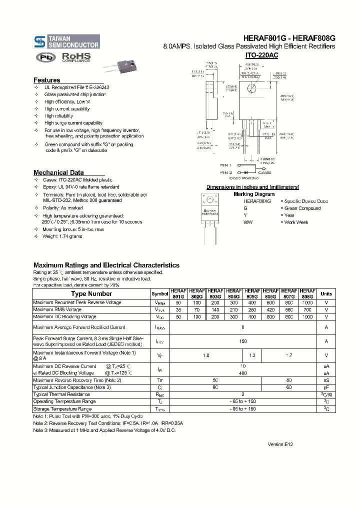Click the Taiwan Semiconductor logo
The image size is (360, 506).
pyautogui.click(x=66, y=41)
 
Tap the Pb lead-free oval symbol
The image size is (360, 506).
pyautogui.click(x=46, y=57)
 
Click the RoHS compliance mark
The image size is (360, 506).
pyautogui.click(x=76, y=57)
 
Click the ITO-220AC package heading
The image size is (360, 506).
pyautogui.click(x=262, y=55)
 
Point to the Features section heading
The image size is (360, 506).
pyautogui.click(x=47, y=80)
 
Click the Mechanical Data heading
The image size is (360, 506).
pyautogui.click(x=58, y=172)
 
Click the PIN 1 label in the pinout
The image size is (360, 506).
pyautogui.click(x=226, y=165)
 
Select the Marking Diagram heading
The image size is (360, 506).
pyautogui.click(x=254, y=194)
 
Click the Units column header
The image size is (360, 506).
pyautogui.click(x=326, y=294)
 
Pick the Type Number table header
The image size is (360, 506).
pyautogui.click(x=91, y=294)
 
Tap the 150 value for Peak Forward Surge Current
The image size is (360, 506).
pyautogui.click(x=242, y=341)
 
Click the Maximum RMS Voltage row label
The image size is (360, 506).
pyautogui.click(x=64, y=309)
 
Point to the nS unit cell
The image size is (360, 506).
pyautogui.click(x=326, y=380)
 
